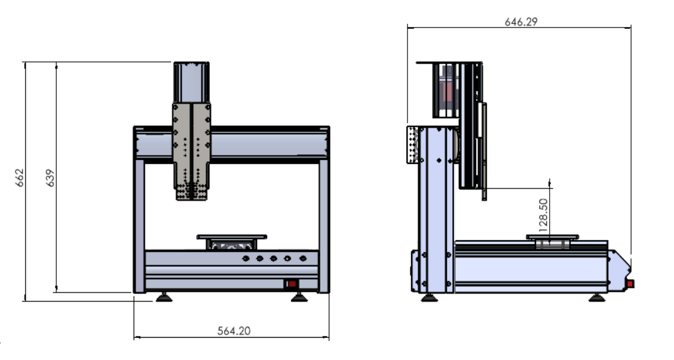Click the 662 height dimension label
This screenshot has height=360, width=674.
point(19,178)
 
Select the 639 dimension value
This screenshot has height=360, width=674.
point(50,178)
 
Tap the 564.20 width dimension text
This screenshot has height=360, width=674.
point(234,331)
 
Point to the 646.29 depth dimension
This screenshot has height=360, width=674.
point(521,22)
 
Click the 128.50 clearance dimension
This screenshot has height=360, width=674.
point(543,215)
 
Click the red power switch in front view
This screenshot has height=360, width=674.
point(292,284)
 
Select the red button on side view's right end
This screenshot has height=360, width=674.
point(630,284)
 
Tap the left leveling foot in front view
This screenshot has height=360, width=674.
point(164,297)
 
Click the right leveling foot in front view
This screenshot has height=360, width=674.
point(299,297)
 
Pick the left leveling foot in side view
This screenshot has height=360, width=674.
point(429,298)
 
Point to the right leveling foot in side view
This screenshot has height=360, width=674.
point(597,298)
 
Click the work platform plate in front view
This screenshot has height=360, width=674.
point(232,237)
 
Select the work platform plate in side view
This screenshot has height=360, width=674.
point(552,237)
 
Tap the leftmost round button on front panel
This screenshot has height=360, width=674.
point(246,259)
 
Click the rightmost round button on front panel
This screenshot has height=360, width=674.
point(303,259)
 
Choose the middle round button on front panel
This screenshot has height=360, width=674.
point(273,259)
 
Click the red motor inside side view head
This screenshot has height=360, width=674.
point(447,91)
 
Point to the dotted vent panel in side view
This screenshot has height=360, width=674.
point(412,144)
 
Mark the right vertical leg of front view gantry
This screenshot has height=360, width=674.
point(324,226)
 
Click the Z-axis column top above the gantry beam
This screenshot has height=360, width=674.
point(191,82)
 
